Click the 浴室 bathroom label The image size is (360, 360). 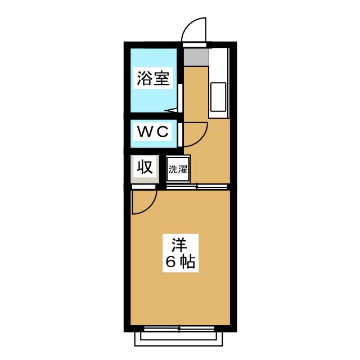(153, 78)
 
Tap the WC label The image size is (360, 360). (153, 132)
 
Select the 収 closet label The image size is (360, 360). (145, 167)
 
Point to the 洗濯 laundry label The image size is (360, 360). (178, 169)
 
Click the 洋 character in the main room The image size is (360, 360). (180, 245)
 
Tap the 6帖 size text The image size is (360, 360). (181, 262)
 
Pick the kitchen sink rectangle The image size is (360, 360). (218, 97)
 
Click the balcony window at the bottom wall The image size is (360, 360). (179, 329)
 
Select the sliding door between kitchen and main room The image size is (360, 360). (197, 187)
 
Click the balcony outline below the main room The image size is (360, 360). (178, 339)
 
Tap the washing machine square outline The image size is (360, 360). (178, 169)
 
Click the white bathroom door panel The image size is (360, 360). (180, 98)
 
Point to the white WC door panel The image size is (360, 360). (180, 135)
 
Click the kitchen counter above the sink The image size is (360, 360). (218, 65)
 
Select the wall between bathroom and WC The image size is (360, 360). (154, 116)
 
